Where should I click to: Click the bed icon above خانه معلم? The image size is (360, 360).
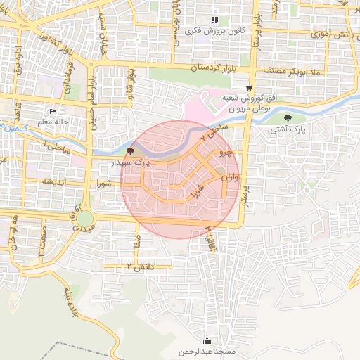[53, 111]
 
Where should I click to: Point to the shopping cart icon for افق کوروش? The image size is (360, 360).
[248, 88]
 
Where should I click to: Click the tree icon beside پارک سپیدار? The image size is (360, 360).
[129, 151]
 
